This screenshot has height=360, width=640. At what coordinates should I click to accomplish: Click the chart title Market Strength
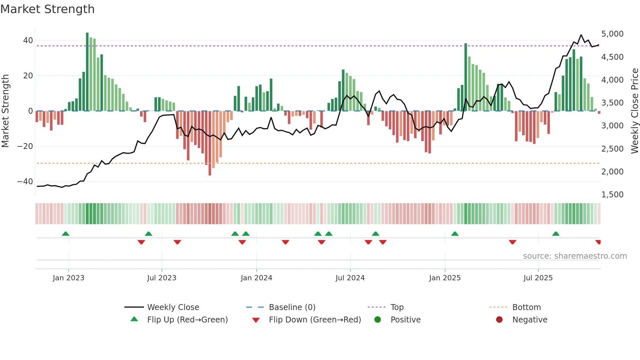(47, 9)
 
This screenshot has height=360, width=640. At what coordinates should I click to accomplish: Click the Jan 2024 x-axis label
(256, 278)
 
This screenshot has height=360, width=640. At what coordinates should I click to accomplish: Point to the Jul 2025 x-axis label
(538, 278)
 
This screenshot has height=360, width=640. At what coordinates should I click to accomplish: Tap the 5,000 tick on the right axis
(612, 34)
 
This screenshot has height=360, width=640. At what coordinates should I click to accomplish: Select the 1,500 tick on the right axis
(612, 195)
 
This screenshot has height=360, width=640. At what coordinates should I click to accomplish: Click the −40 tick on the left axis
(25, 182)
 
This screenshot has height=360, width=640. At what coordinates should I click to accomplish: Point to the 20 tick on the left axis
(28, 76)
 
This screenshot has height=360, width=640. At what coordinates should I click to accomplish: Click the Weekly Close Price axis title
(634, 111)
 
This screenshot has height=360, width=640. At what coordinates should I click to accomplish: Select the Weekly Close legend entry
(173, 307)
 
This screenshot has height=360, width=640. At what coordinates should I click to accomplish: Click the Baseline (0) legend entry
(292, 307)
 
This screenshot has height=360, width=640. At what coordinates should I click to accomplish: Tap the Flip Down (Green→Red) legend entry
(315, 320)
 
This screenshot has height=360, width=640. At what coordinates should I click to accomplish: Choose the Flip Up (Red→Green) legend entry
(187, 320)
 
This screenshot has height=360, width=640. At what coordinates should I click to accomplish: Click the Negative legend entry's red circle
(499, 320)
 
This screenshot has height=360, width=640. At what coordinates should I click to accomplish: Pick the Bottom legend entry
(526, 307)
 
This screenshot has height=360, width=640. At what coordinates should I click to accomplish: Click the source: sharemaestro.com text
(575, 256)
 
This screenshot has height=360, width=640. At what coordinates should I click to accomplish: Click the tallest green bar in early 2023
(87, 72)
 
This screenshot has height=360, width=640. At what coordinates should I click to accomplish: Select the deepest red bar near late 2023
(210, 144)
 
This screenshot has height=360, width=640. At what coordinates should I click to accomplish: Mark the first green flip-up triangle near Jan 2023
(66, 234)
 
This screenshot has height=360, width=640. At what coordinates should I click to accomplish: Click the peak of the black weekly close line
(581, 35)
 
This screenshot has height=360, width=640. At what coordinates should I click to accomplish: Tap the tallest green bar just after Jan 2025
(466, 77)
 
